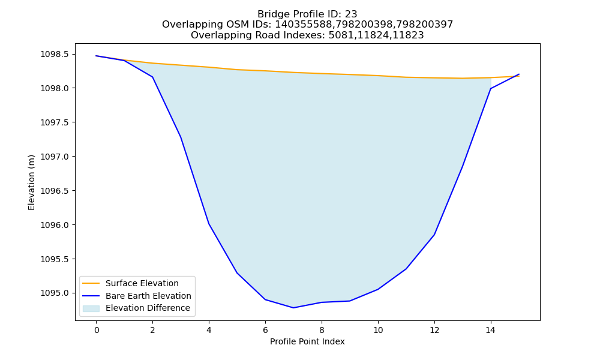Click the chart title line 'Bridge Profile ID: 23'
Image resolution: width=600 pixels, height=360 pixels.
click(x=307, y=14)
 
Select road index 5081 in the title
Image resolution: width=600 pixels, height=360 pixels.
click(x=340, y=35)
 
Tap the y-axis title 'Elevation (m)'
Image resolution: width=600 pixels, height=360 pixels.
click(x=31, y=182)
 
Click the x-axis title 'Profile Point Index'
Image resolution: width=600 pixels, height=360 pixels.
click(x=307, y=341)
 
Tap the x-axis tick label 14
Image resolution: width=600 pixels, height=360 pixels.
click(x=491, y=330)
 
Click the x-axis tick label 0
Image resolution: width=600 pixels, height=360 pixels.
click(x=97, y=330)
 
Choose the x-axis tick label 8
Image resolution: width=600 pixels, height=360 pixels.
click(x=322, y=330)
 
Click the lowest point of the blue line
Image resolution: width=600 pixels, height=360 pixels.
click(x=293, y=308)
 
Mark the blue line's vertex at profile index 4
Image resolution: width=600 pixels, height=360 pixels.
click(x=209, y=224)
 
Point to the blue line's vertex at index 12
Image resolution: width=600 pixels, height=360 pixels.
click(x=434, y=235)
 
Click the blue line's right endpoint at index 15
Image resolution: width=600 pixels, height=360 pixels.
click(x=519, y=74)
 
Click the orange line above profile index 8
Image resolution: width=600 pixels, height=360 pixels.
click(x=322, y=73)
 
